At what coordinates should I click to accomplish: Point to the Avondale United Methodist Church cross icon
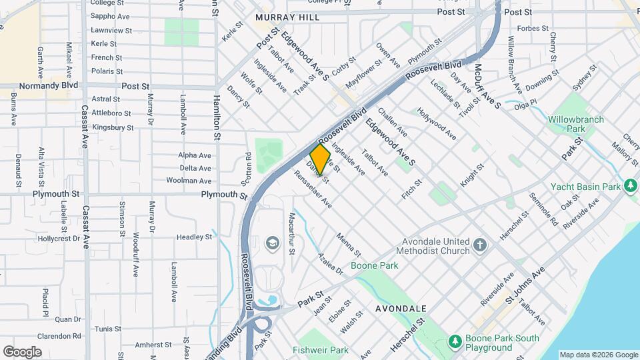click(x=479, y=245)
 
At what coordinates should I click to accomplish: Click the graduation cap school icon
click(x=271, y=243)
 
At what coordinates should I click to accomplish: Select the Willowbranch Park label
click(x=576, y=124)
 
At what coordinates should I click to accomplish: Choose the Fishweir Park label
click(x=320, y=350)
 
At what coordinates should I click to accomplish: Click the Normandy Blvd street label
click(x=49, y=86)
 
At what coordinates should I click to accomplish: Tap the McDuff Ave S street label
click(x=487, y=86)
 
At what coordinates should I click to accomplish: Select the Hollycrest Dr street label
click(x=59, y=238)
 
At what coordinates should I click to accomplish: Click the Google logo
click(x=23, y=352)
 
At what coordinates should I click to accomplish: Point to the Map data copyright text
click(x=599, y=355)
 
